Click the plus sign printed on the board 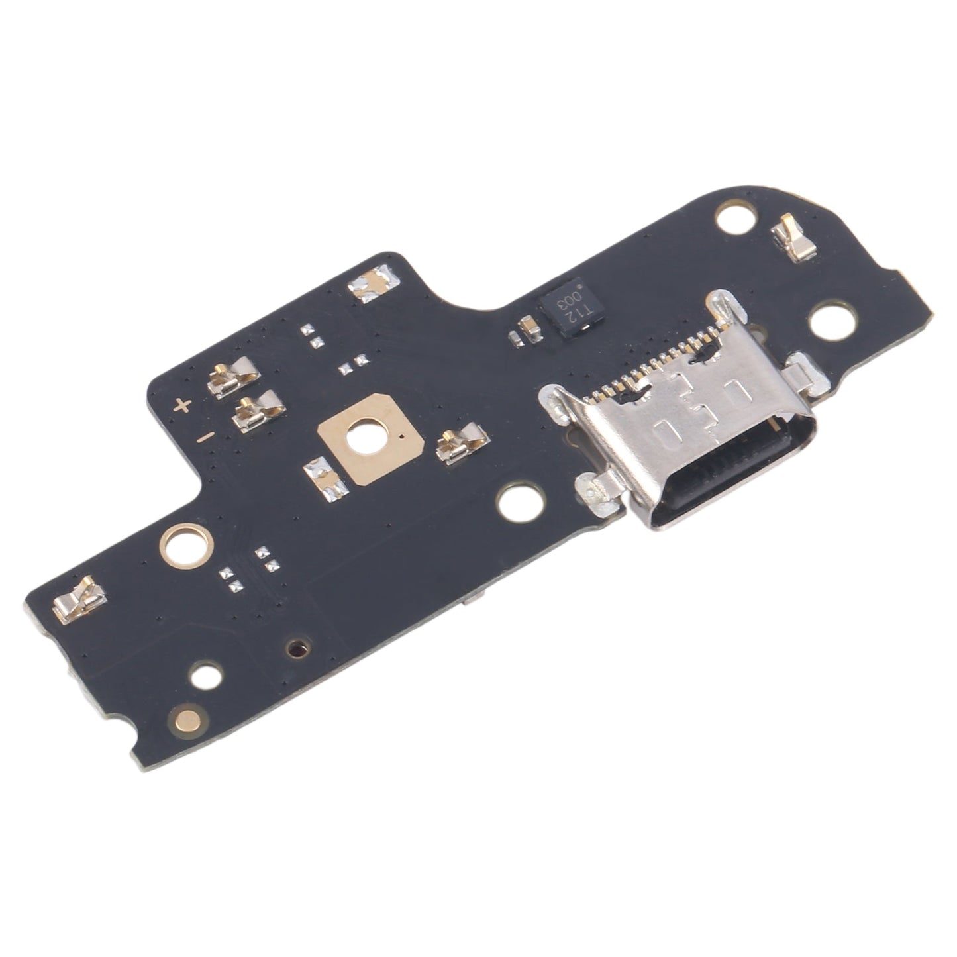183,405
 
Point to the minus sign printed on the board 206,436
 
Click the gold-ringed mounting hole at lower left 186,546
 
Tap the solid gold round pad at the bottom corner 187,718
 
